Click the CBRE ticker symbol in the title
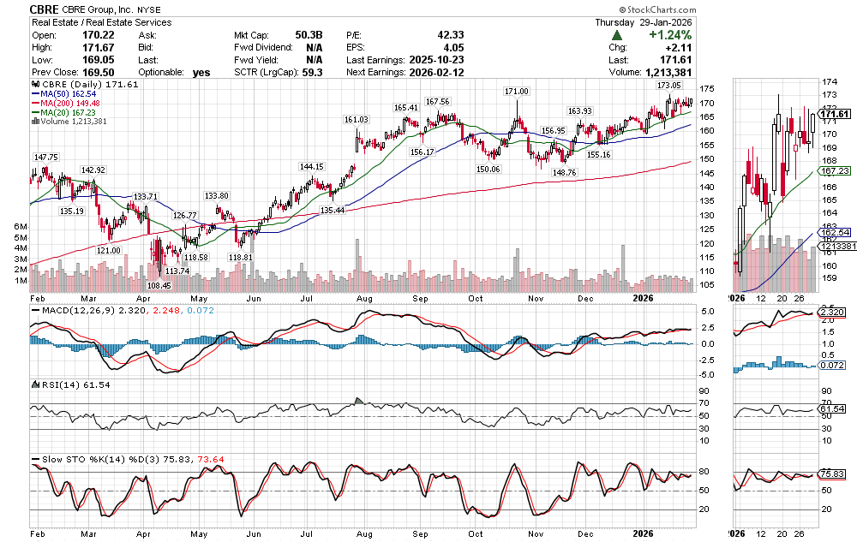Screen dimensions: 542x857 [x=44, y=9]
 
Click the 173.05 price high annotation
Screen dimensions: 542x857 [x=668, y=86]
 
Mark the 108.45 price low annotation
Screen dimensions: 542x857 [x=159, y=285]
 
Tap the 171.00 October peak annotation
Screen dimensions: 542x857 [x=516, y=92]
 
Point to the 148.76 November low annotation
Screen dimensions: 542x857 [x=564, y=172]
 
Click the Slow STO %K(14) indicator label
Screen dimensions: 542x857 [x=79, y=461]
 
